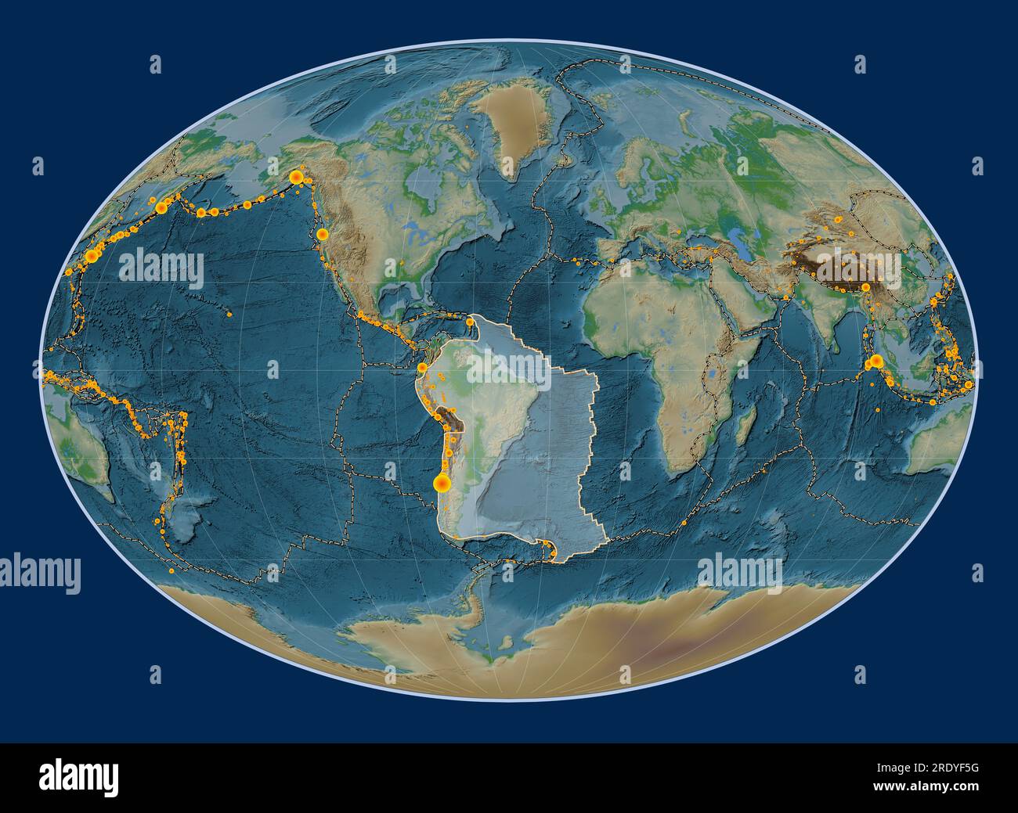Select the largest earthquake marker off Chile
point(442,484)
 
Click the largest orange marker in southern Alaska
point(297,178)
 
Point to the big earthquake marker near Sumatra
point(875,361)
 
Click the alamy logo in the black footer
point(79,777)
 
